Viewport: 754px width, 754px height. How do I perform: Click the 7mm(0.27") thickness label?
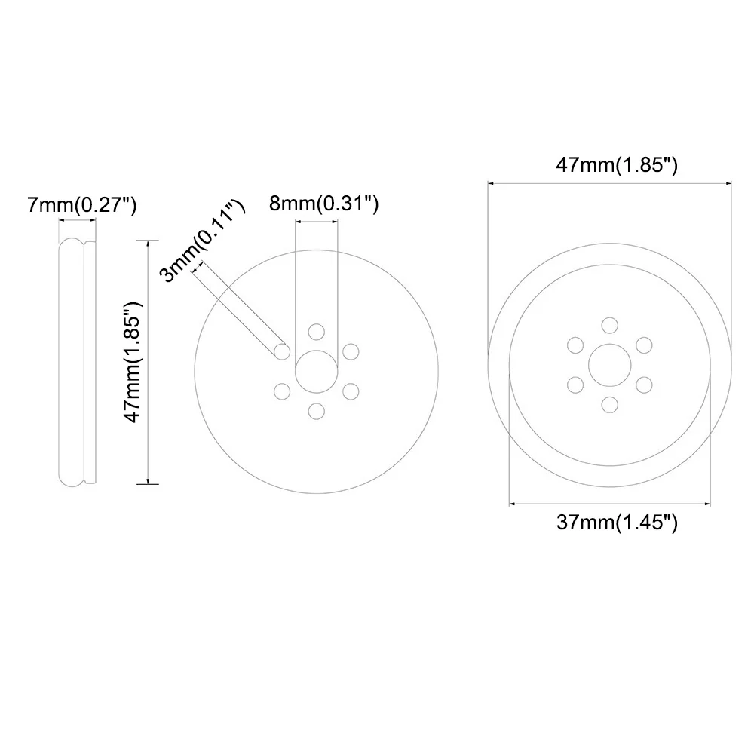click(81, 204)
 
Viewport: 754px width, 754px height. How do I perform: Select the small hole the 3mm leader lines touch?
click(283, 351)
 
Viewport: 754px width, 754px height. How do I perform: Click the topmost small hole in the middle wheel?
click(317, 332)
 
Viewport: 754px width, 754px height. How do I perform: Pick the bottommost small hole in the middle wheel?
click(317, 410)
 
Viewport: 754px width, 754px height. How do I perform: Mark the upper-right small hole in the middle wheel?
click(351, 351)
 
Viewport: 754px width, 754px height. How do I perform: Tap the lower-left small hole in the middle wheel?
click(283, 391)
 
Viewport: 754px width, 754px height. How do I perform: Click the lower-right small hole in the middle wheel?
click(351, 391)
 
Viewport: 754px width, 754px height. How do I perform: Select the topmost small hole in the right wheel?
click(609, 325)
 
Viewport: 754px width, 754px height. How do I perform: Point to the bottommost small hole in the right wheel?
click(609, 404)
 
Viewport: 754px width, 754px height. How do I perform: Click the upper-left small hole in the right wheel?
click(575, 345)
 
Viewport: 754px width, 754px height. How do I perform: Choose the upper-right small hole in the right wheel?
click(643, 345)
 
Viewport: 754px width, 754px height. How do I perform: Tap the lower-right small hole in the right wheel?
click(643, 385)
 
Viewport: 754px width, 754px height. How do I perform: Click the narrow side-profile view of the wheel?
click(76, 361)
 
